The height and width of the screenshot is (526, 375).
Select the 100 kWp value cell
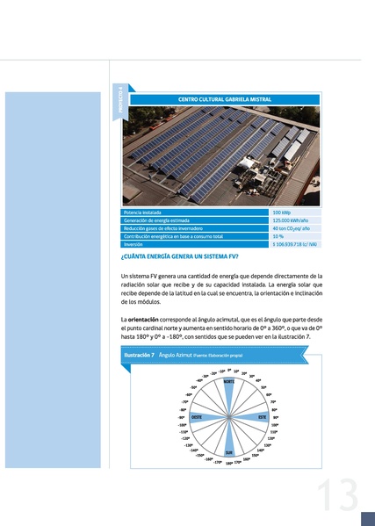point(282,213)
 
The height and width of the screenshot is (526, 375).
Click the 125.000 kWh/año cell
point(289,220)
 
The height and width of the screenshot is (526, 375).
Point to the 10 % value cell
point(278,236)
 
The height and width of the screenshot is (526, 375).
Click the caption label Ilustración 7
point(141,355)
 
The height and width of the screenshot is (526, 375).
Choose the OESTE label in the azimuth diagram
point(197,417)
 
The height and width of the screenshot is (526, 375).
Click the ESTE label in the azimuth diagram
point(262,417)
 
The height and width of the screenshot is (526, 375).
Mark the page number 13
point(336,496)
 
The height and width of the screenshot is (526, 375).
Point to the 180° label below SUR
point(228,463)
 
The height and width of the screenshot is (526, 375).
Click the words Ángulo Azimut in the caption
point(176,355)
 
